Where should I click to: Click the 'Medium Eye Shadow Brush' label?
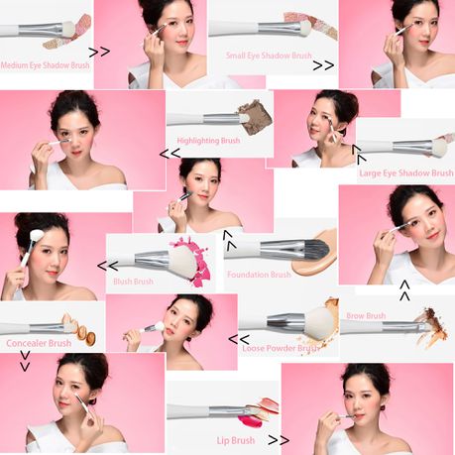(x=46, y=65)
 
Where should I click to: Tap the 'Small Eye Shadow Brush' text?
(x=269, y=56)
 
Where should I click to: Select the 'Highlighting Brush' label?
(x=208, y=141)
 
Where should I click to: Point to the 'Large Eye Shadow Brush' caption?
(x=406, y=173)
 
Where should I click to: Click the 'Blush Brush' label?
(x=133, y=282)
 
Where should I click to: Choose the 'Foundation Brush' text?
(x=259, y=275)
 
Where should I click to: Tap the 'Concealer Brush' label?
(x=39, y=343)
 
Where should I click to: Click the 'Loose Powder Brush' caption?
(x=281, y=348)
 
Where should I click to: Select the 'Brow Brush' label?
(x=366, y=316)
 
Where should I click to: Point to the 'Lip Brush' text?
(x=236, y=440)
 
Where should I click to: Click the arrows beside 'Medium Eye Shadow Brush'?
(x=99, y=52)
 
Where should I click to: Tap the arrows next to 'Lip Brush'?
(x=279, y=440)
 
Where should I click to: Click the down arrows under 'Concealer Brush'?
(x=25, y=361)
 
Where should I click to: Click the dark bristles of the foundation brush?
(x=315, y=248)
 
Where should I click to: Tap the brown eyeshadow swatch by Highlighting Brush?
(x=256, y=117)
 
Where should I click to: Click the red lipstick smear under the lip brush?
(x=251, y=420)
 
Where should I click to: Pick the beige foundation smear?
(x=315, y=255)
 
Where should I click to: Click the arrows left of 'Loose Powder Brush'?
(x=239, y=339)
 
